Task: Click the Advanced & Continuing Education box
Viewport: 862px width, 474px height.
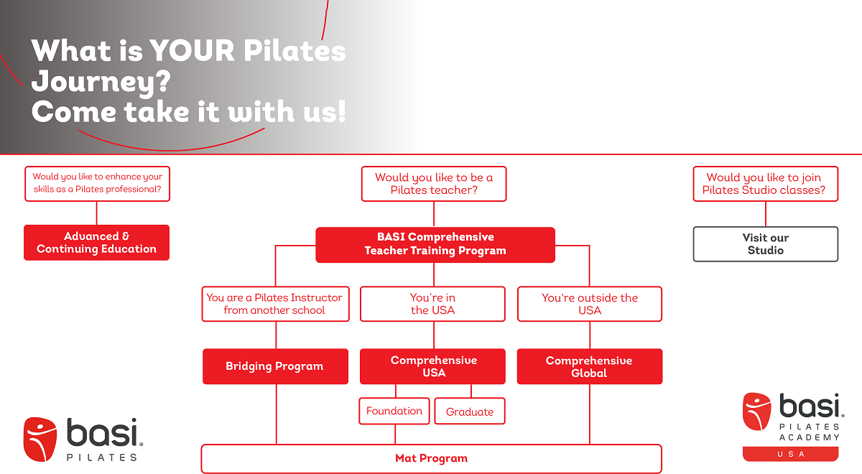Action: click(x=96, y=243)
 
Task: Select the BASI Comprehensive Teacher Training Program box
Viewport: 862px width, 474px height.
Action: click(x=435, y=244)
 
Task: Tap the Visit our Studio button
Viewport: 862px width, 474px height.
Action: click(x=765, y=244)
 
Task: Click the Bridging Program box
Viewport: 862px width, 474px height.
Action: click(x=275, y=366)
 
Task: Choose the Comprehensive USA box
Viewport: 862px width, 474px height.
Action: click(x=432, y=366)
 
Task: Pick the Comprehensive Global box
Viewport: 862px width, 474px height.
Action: click(x=589, y=366)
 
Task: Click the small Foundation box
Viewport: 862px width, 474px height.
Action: click(x=394, y=411)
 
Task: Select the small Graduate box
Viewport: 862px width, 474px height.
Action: click(x=470, y=412)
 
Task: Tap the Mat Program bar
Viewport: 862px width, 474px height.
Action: click(x=431, y=458)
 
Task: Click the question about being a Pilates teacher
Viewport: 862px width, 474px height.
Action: click(x=434, y=184)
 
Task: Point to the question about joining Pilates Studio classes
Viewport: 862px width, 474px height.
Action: click(x=765, y=184)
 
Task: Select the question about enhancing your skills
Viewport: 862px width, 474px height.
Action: click(x=97, y=184)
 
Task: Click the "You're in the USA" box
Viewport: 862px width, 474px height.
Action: click(x=433, y=305)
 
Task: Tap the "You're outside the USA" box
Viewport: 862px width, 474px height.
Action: click(x=589, y=305)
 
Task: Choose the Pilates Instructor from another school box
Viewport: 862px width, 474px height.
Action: click(x=275, y=305)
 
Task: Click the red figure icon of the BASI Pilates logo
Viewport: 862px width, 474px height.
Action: click(x=40, y=439)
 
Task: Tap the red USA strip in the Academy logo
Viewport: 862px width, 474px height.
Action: click(x=790, y=454)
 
